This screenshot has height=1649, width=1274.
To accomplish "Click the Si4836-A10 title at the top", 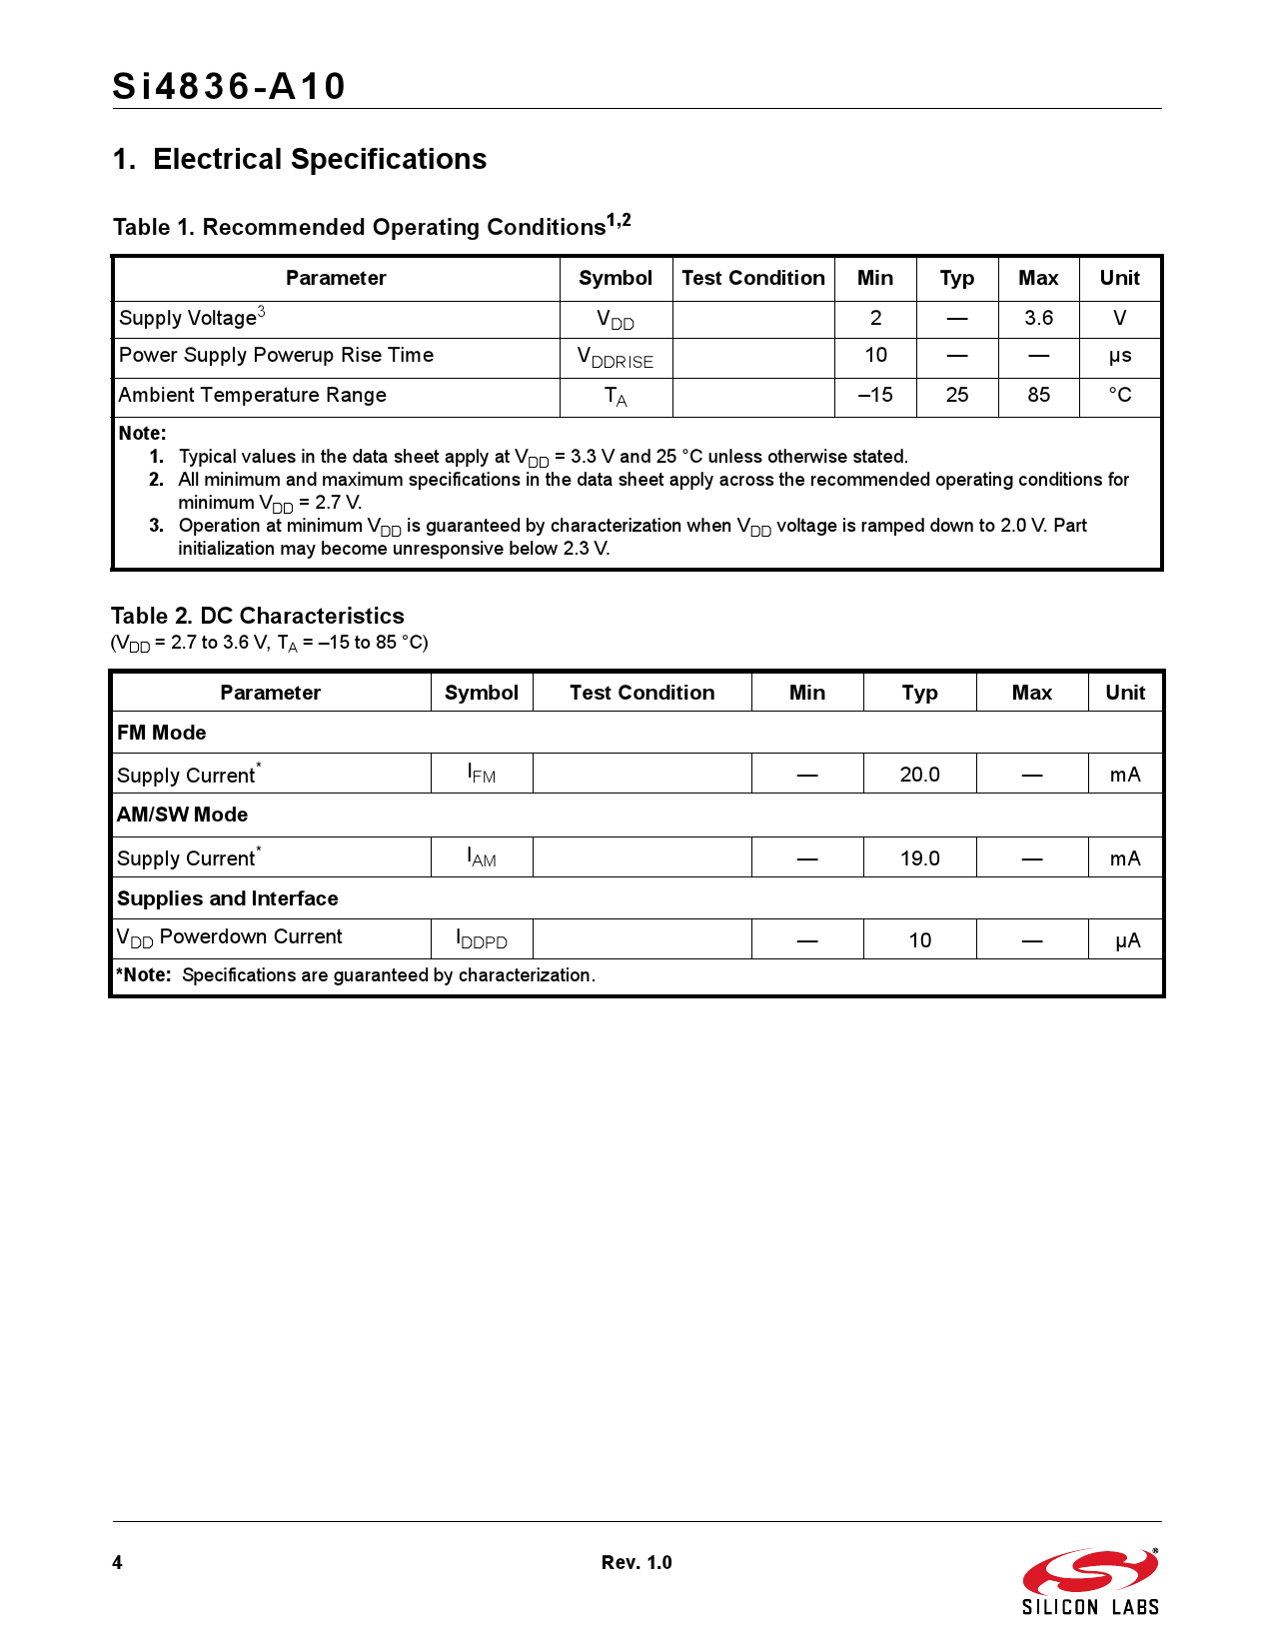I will click(x=229, y=87).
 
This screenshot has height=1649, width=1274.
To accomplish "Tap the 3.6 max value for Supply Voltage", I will click(x=1038, y=318).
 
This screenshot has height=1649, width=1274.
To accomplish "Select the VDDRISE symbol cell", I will click(x=616, y=358).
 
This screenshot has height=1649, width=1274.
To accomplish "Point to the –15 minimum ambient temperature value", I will click(x=875, y=395).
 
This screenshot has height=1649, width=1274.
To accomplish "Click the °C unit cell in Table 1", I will click(x=1119, y=395).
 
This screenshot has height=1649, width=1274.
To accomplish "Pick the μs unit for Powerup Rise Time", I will click(x=1119, y=356).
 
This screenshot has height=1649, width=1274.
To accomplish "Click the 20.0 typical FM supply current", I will click(x=919, y=775).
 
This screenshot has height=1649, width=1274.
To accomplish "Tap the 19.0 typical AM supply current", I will click(x=919, y=858).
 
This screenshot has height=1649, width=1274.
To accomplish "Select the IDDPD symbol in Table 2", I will click(x=482, y=939).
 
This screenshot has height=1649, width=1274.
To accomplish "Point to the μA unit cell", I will click(x=1127, y=940).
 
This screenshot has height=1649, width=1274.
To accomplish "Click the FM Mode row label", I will click(x=162, y=733).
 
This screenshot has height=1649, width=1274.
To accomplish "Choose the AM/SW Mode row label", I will click(x=183, y=815).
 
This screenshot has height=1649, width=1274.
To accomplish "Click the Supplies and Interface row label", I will click(x=228, y=898).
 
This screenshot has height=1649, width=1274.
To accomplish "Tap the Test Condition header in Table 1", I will click(x=753, y=278).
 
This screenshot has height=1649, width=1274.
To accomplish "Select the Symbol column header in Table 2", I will click(x=482, y=693).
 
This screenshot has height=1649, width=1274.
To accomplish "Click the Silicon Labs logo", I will click(x=1090, y=1582).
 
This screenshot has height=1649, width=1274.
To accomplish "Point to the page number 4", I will click(x=118, y=1563).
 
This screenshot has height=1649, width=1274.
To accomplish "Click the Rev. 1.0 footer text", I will click(x=637, y=1563).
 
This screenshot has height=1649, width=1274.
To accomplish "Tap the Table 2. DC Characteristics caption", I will click(x=258, y=616).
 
